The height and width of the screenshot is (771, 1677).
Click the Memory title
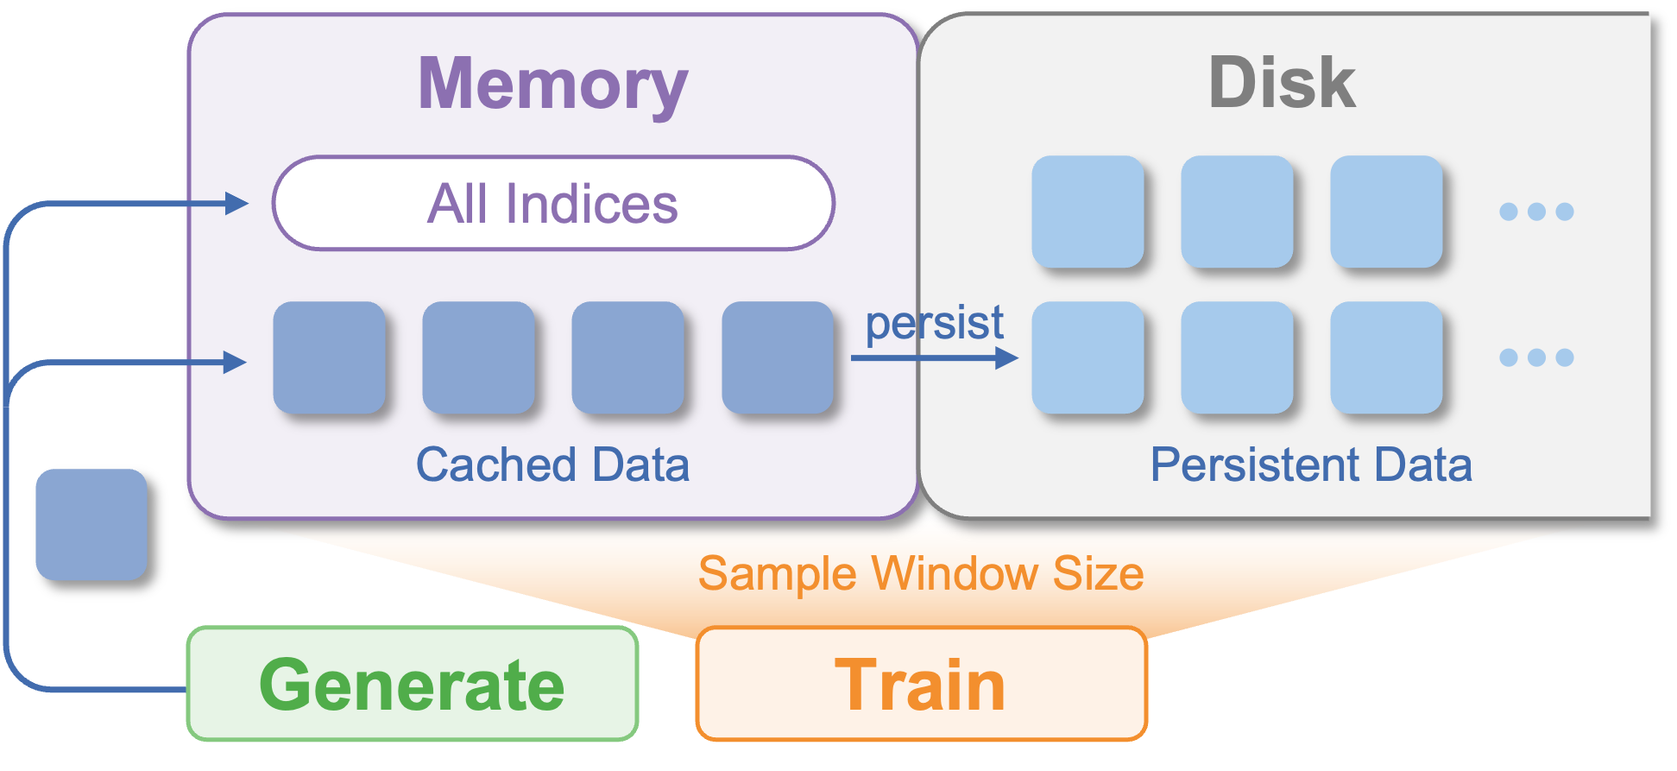click(552, 85)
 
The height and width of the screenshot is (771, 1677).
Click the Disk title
click(1283, 82)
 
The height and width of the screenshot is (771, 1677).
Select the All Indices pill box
click(553, 204)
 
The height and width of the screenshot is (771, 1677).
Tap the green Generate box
click(413, 684)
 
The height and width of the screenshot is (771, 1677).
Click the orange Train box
click(922, 684)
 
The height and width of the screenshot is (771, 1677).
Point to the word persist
click(935, 324)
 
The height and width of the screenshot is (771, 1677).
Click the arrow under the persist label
click(935, 357)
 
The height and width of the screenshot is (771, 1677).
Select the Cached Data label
click(553, 464)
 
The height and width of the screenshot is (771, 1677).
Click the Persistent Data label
click(1311, 464)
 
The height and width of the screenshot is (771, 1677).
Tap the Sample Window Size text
click(921, 573)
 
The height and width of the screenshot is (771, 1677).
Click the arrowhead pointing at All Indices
click(236, 204)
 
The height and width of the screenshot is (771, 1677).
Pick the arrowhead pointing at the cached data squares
click(235, 362)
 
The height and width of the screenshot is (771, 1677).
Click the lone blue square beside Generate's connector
click(91, 524)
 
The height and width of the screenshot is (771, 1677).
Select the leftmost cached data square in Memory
click(329, 357)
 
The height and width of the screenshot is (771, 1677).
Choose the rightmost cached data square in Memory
click(778, 357)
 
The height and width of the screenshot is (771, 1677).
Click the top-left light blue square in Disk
click(1088, 212)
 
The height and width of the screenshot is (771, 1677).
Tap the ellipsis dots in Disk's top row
click(1536, 212)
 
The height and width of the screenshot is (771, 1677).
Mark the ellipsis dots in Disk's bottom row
click(1536, 357)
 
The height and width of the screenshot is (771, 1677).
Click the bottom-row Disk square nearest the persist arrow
click(1088, 357)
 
